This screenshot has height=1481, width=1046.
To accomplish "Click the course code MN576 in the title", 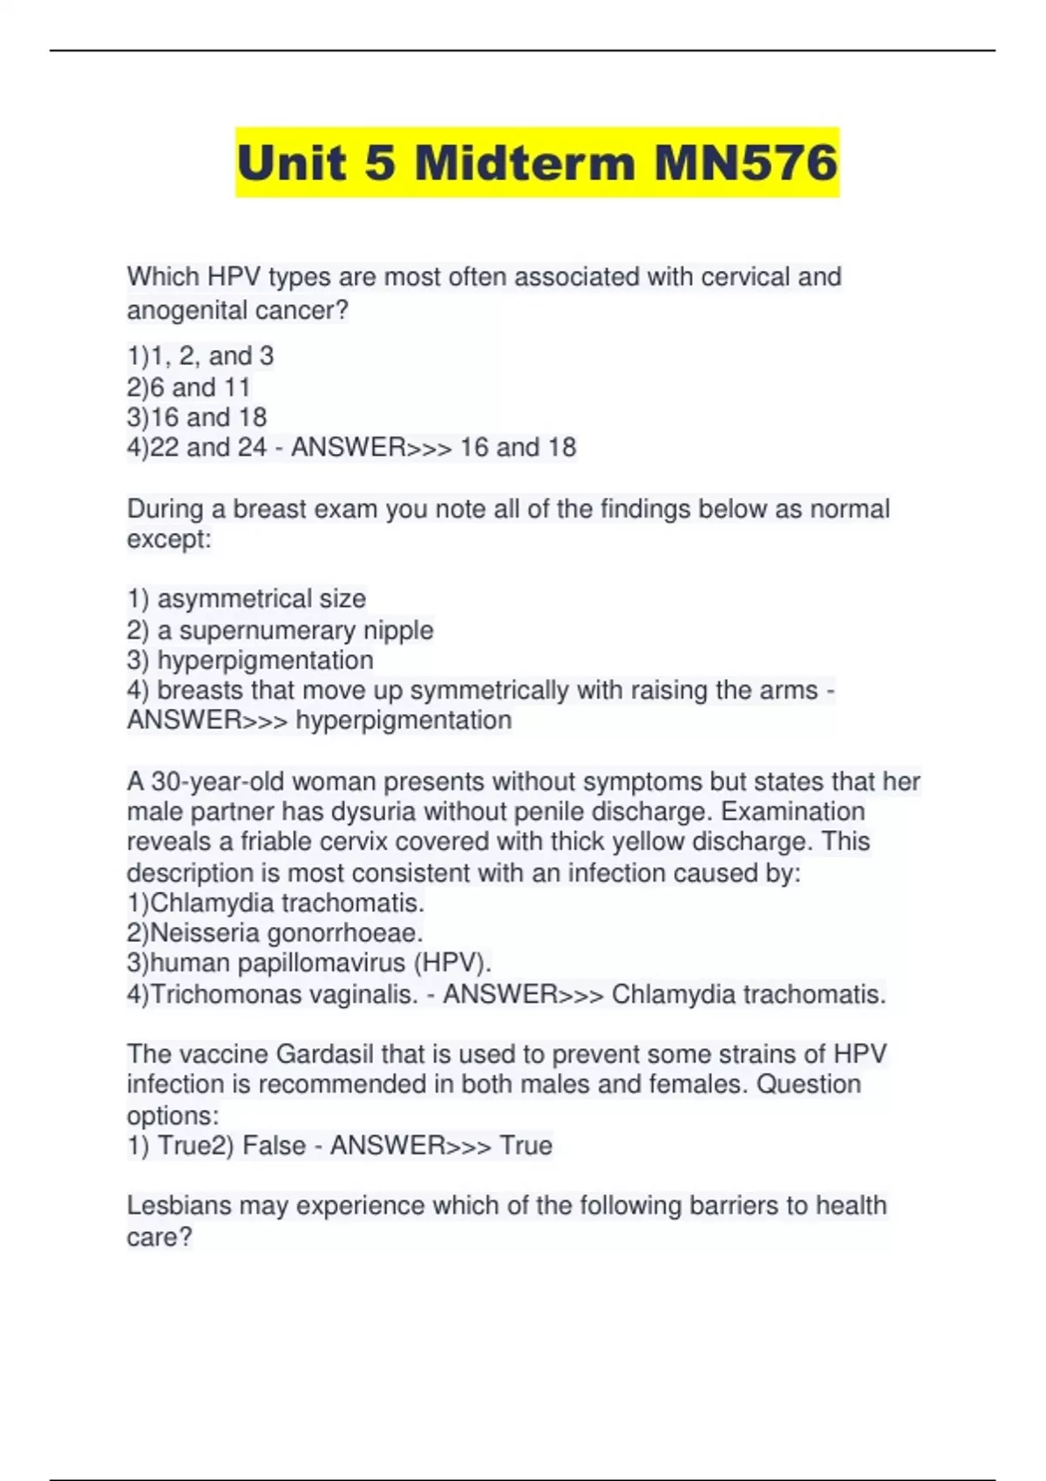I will click(x=745, y=163).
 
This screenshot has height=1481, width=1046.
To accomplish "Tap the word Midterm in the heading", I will click(x=525, y=163).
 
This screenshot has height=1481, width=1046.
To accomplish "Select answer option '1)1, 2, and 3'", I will click(x=200, y=355).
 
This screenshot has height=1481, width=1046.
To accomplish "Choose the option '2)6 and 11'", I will click(x=188, y=387).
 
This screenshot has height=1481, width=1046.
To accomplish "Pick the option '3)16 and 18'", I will click(x=196, y=417).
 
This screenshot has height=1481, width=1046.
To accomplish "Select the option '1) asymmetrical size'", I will click(x=246, y=598).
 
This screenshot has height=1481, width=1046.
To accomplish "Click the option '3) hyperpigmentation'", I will click(x=250, y=660).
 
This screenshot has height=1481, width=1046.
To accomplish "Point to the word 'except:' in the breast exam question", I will click(x=169, y=539).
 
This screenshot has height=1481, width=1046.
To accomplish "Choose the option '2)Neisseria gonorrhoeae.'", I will click(x=275, y=933).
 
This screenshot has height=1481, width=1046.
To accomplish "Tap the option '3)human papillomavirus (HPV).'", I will click(x=309, y=964).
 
